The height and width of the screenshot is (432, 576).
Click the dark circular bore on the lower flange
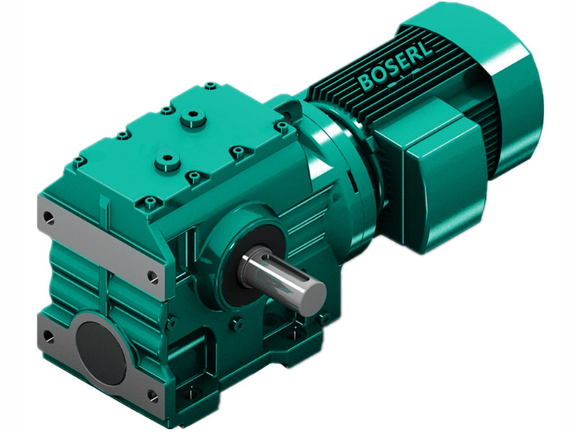tap(101, 353)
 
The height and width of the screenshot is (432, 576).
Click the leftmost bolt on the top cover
tap(79, 161)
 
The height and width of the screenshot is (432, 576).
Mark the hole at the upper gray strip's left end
tap(48, 216)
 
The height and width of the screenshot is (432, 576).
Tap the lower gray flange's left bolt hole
tap(48, 336)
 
